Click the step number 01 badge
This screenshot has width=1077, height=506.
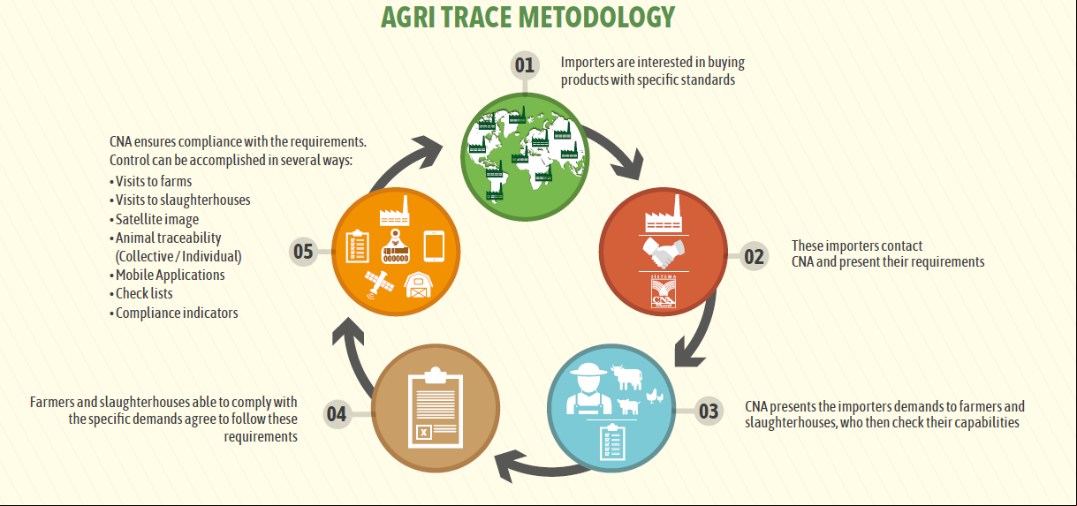525,64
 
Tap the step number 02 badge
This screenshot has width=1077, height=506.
754,256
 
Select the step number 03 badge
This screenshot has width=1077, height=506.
709,411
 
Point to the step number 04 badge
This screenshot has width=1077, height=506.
337,414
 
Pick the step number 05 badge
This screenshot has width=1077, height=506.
303,252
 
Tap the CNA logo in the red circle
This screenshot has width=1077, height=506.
664,291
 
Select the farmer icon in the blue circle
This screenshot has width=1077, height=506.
588,389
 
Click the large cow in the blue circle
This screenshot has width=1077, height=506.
626,377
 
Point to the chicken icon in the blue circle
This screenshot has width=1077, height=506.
655,396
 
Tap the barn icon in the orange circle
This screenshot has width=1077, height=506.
418,285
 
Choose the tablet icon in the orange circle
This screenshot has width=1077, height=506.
434,246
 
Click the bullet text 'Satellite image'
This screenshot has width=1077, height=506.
156,219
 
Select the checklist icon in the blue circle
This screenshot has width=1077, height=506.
612,442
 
